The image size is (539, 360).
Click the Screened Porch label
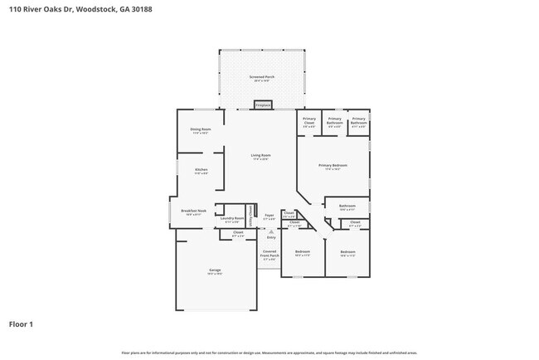point(262,78)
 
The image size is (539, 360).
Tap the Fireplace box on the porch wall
point(262,105)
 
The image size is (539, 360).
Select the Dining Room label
point(201,130)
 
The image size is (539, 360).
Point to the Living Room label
point(261,157)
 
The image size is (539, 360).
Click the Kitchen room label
point(201,170)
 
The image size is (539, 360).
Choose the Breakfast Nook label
point(193,212)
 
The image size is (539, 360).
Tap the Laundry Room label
point(232,220)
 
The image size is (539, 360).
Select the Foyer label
point(269,216)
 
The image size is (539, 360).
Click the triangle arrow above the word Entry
point(269,231)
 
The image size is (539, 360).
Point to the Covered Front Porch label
point(269,253)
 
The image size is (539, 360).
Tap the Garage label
point(214,271)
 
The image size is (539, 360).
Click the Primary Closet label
point(308,121)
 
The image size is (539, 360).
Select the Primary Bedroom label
point(333,166)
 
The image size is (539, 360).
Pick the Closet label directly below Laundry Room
point(238,233)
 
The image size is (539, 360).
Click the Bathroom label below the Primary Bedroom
point(347,207)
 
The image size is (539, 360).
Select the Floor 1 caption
point(21,324)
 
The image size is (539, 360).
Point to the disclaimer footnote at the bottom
point(269,352)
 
